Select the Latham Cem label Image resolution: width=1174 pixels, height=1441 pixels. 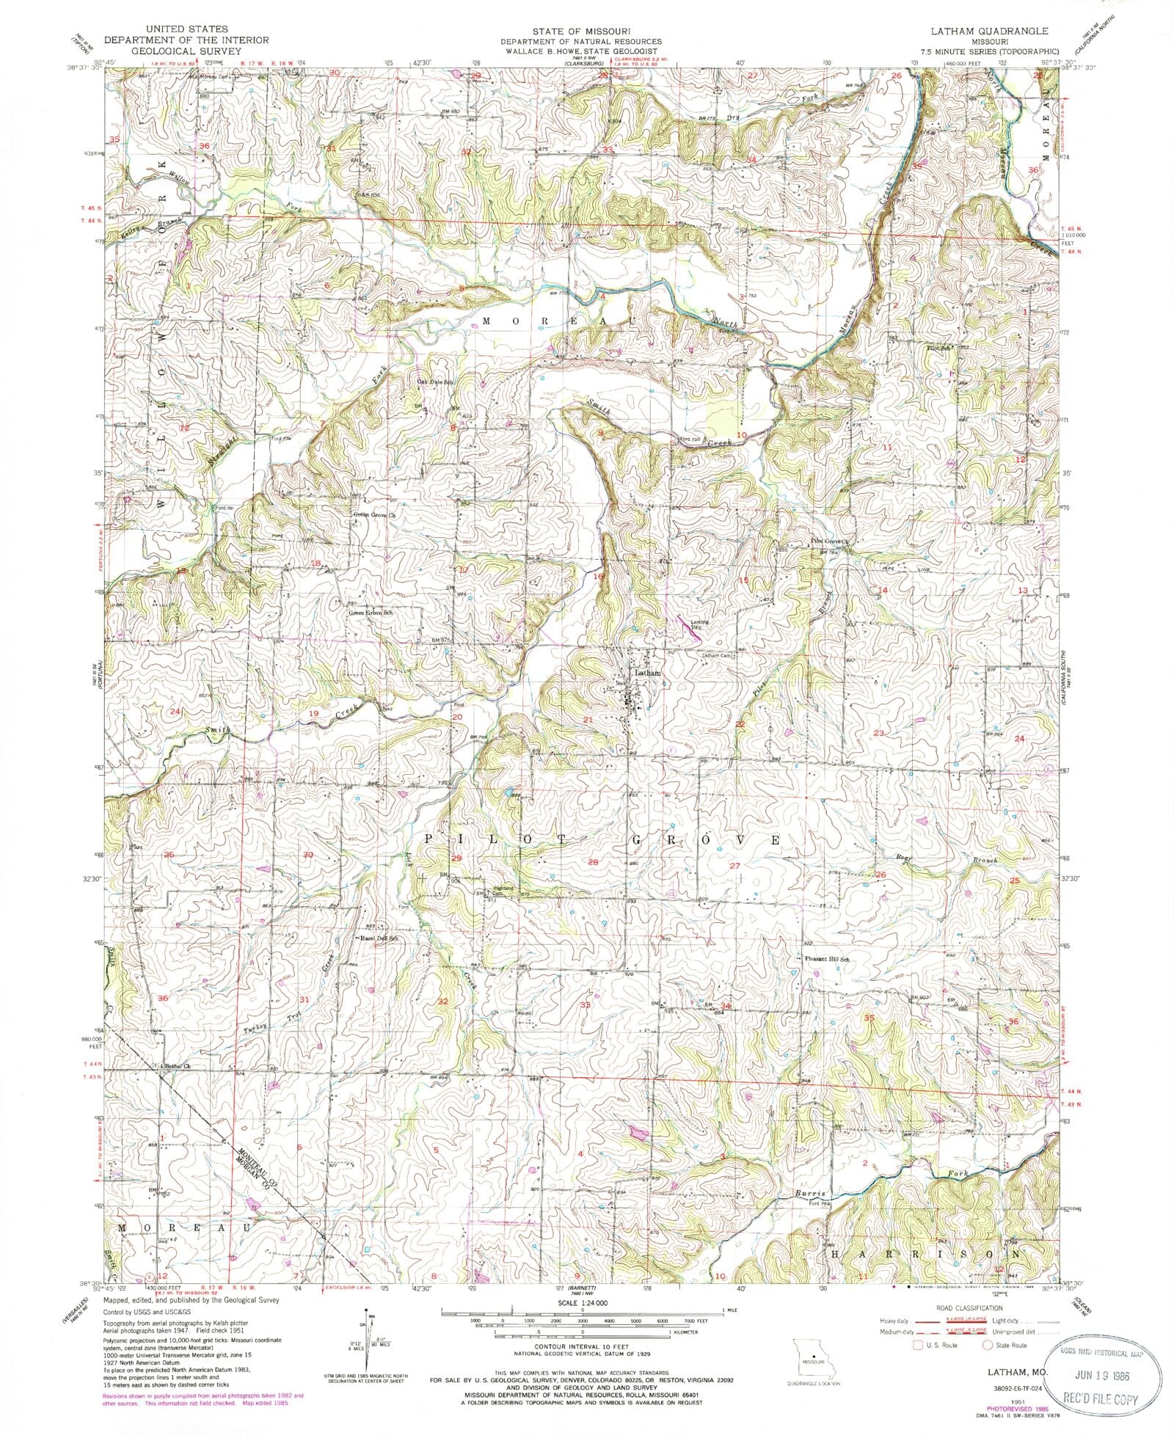click(715, 655)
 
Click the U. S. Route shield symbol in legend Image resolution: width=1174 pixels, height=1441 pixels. click(915, 1345)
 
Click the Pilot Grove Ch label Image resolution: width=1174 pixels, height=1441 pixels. click(829, 542)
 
